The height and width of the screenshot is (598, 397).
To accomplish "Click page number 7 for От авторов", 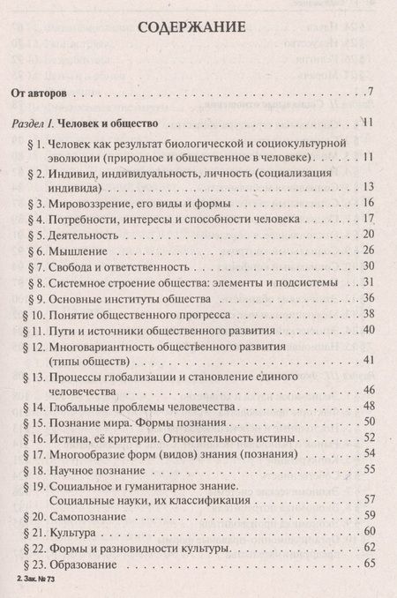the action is [x=373, y=92].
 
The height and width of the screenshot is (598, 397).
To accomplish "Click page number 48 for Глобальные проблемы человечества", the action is [x=370, y=409].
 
